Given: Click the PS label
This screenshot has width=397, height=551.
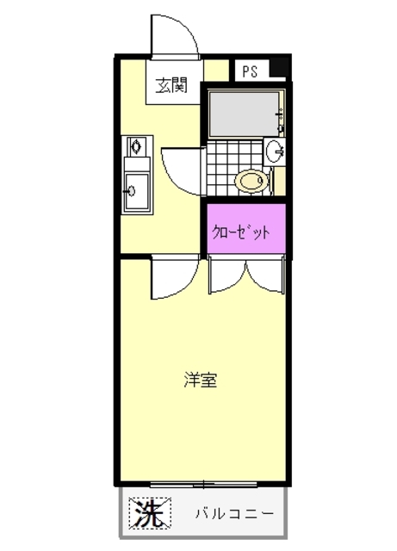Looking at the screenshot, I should point(248,72).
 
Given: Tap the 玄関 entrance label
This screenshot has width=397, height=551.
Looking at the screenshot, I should point(171,84).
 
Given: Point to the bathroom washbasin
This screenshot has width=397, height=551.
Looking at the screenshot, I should point(276,151).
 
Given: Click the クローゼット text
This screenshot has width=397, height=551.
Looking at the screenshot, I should point(242,231).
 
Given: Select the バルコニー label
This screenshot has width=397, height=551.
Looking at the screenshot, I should point(233,515).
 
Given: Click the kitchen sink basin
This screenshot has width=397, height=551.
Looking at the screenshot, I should point(135,189).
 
